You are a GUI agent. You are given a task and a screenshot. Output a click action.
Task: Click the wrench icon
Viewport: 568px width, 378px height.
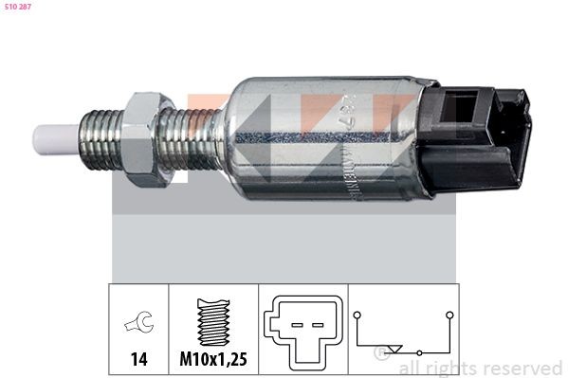point(137,325)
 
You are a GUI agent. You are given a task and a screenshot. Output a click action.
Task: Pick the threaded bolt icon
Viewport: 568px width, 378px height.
point(212,320)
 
